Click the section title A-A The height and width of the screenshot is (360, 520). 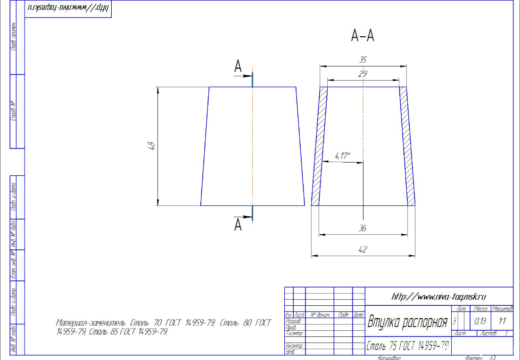point(363,36)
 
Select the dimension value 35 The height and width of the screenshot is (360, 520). point(363,60)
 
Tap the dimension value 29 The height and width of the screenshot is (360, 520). point(363,74)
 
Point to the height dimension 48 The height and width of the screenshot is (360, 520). point(152,146)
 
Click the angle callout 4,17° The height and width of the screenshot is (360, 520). point(343,155)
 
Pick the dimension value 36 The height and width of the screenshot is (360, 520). point(363,228)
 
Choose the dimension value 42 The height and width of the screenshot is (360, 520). point(363,250)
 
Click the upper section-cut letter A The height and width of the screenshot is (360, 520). point(239,67)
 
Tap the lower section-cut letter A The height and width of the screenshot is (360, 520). point(239,225)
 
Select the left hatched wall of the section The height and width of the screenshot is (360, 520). point(320,146)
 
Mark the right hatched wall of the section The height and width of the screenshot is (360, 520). point(407,146)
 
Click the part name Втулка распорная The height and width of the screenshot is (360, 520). point(407,323)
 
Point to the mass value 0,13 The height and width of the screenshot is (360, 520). point(480,322)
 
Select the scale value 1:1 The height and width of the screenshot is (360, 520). point(502,322)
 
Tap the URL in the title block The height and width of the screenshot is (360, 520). point(438,296)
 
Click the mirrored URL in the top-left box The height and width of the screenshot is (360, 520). point(68,9)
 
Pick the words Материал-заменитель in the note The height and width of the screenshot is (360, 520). point(90,323)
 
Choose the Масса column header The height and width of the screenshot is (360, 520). point(480,309)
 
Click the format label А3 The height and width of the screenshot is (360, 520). point(492,358)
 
